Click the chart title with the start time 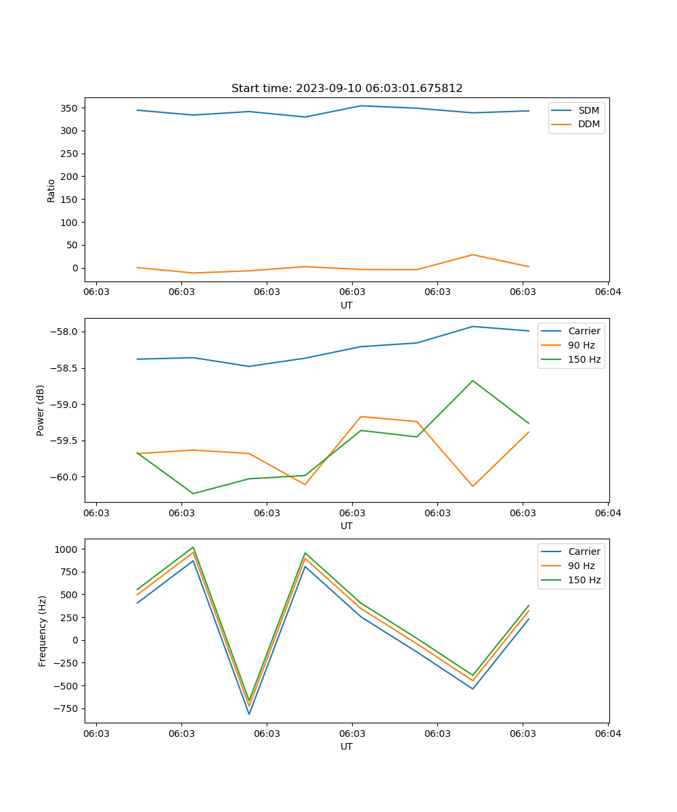pos(347,89)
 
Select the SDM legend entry pos(588,110)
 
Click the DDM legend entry pos(588,124)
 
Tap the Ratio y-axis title pos(51,190)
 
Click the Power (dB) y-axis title pos(41,410)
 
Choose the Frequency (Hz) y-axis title pos(43,631)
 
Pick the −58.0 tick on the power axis pos(66,332)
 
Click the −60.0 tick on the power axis pos(66,477)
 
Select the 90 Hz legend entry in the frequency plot pos(582,566)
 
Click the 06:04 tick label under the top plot pos(607,292)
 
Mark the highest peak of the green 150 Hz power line pos(473,380)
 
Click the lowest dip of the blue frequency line pos(249,714)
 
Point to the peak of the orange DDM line pos(473,254)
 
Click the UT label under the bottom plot pos(347,746)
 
